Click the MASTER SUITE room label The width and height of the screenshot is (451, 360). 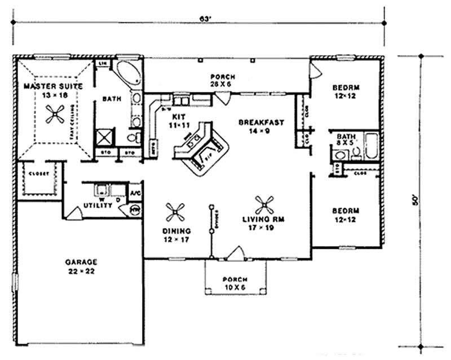54,90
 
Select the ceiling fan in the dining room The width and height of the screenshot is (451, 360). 176,211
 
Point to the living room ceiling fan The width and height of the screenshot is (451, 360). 264,204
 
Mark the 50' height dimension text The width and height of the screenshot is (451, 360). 416,200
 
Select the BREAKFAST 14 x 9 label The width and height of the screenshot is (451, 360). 260,126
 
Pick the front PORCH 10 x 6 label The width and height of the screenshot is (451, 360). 233,283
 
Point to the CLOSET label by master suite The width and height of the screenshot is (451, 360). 39,173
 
